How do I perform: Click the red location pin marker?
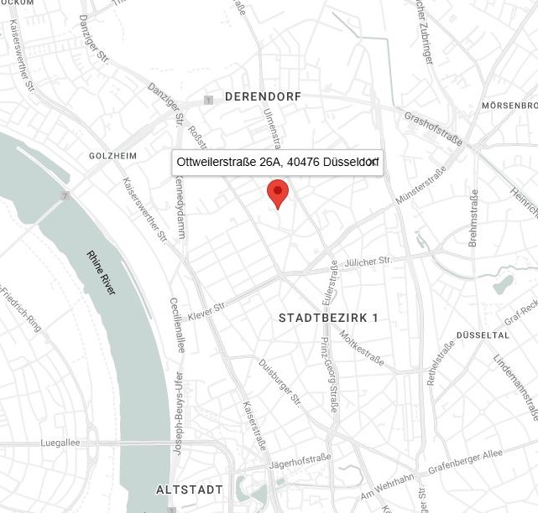click(278, 193)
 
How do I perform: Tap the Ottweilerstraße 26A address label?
click(277, 162)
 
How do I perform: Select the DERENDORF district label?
click(263, 97)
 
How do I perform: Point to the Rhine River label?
click(102, 272)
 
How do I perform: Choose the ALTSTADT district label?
click(190, 490)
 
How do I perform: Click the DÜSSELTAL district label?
click(483, 335)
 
